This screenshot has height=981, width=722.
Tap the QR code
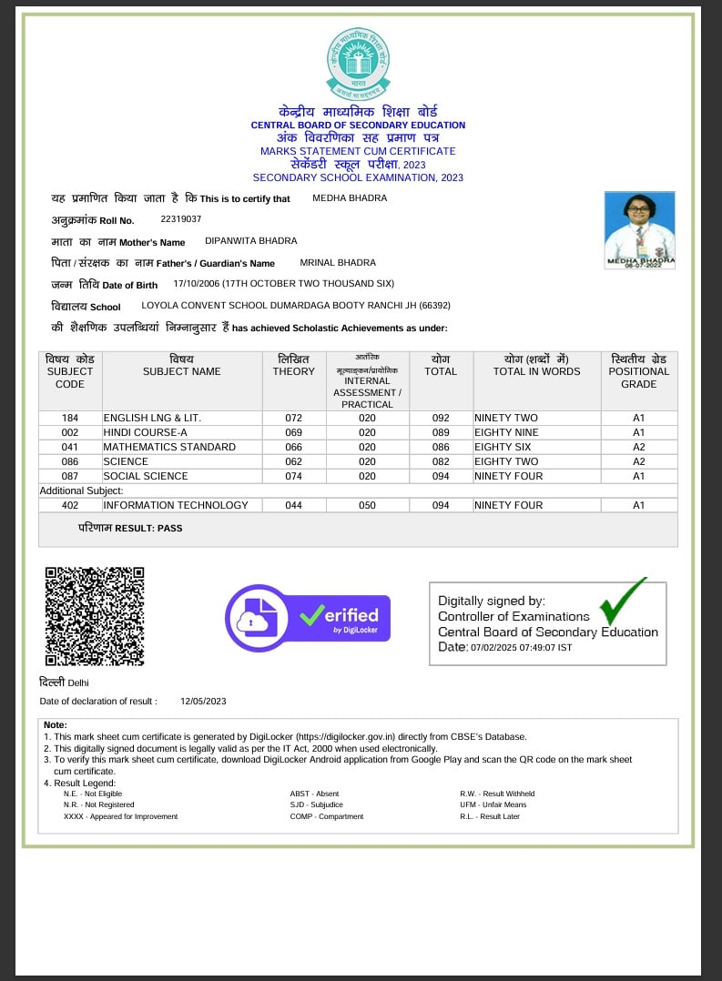point(95,616)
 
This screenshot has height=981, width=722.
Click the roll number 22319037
point(180,219)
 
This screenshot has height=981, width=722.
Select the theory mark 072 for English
point(293,418)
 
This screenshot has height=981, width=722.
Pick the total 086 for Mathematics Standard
point(441,447)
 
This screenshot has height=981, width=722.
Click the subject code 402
point(70,505)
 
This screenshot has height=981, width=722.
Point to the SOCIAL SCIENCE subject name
point(146,476)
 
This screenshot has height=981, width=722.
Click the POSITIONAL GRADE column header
point(638,371)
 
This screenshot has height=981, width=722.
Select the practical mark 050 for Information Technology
point(367,505)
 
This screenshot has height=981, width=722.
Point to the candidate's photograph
point(639,228)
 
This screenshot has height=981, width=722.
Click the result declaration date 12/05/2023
point(203,701)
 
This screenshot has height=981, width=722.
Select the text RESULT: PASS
point(157,528)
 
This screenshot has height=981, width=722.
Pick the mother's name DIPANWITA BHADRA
point(251,241)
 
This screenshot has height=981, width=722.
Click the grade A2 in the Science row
point(638,461)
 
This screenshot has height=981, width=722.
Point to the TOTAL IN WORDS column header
point(536,371)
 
